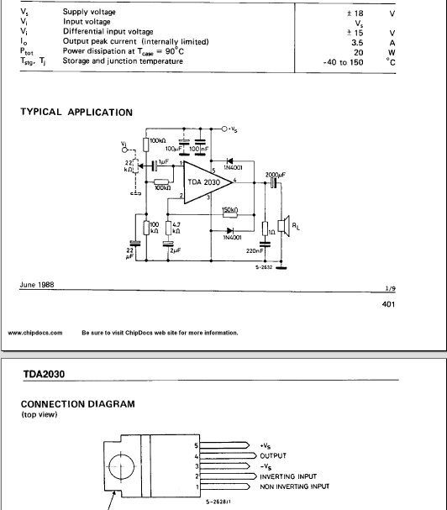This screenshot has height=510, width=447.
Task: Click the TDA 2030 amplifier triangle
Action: tap(205, 182)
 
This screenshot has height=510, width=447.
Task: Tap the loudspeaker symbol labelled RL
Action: tap(284, 226)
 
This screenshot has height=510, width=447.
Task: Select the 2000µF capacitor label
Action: tap(276, 175)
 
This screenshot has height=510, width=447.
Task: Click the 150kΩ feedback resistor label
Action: tap(230, 210)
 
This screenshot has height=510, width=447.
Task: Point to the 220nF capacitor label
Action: tap(255, 250)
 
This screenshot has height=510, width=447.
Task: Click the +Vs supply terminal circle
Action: tap(224, 129)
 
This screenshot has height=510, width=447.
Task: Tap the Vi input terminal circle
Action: tap(124, 150)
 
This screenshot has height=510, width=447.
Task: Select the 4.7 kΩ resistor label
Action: tap(176, 228)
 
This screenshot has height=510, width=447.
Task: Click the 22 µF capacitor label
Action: tap(129, 254)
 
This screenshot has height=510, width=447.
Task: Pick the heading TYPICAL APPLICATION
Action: tap(76, 113)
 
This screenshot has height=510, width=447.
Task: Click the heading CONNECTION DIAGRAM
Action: tap(78, 404)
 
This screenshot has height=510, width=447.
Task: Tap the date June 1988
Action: tap(37, 285)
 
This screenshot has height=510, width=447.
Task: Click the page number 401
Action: tap(388, 304)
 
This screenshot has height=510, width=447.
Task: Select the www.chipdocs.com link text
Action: tap(35, 333)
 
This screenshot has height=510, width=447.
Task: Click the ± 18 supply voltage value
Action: tap(355, 13)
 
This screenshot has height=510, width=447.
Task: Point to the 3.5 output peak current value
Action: tap(357, 43)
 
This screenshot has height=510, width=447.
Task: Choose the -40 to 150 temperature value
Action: tap(343, 62)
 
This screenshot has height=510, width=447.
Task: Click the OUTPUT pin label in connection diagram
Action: tap(273, 455)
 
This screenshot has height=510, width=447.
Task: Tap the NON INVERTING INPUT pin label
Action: tap(294, 486)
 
